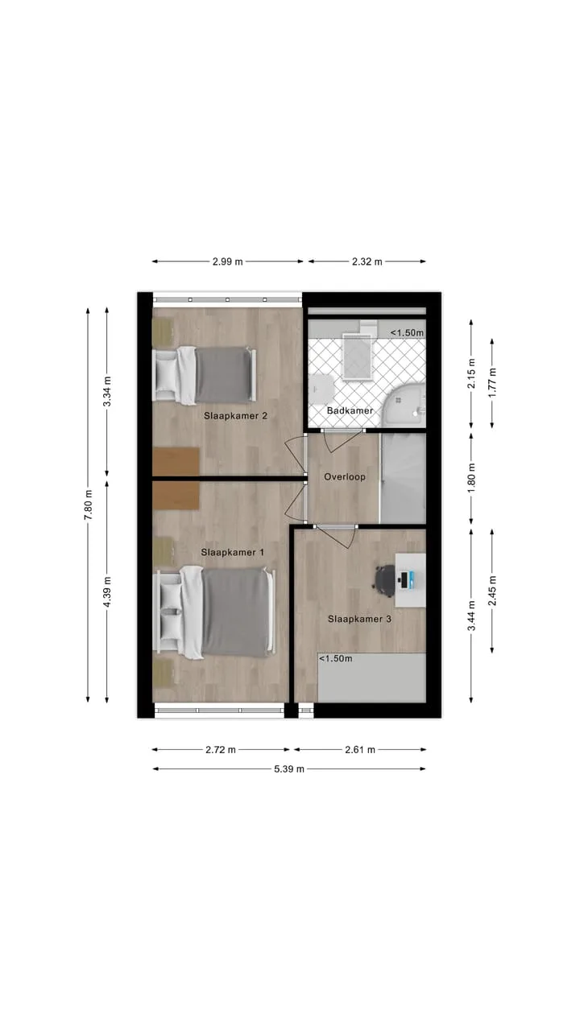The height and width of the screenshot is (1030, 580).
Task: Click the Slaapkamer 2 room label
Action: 236,416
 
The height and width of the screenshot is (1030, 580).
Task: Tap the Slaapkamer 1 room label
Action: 233,552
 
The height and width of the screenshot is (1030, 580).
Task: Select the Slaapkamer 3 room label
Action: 359,619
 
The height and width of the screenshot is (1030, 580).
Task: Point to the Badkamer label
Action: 350,410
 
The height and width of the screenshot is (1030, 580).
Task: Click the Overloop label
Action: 345,477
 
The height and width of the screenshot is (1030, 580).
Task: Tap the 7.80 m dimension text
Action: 88,505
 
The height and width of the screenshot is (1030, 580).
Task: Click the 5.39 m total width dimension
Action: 289,768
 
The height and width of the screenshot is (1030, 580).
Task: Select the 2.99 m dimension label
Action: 227,262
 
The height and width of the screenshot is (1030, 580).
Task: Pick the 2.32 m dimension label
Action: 367,262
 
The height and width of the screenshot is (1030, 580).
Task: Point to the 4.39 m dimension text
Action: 107,591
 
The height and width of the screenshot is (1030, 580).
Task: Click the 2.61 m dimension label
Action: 360,750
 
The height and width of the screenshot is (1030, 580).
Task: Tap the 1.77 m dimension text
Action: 492,383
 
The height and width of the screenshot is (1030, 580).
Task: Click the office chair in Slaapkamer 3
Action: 384,581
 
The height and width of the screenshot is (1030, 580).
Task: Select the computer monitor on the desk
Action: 404,580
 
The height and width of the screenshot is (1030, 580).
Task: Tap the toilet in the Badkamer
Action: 321,389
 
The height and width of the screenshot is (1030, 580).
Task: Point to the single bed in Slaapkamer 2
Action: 205,375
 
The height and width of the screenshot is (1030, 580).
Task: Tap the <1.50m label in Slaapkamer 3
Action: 336,658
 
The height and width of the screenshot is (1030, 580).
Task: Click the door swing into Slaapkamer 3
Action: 336,537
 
